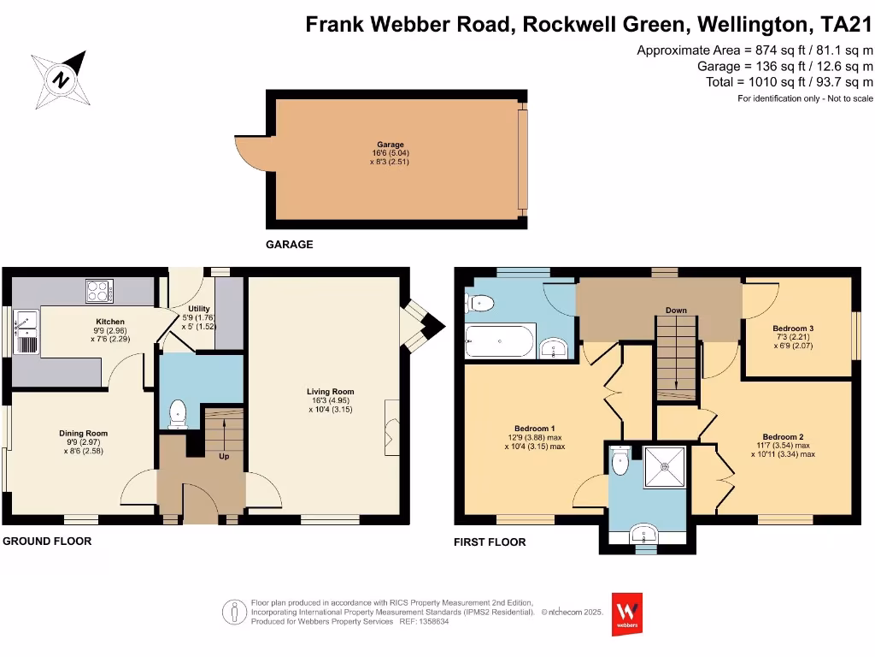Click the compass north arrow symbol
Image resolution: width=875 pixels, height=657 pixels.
[62, 78]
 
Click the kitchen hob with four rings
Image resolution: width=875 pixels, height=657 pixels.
[99, 291]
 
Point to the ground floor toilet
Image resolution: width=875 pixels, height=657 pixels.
[178, 413]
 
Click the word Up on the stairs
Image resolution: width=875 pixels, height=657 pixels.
[224, 456]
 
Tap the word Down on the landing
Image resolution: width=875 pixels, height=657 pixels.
[676, 311]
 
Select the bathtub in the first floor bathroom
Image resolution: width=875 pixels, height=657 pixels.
[500, 340]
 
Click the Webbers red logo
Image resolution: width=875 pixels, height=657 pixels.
[628, 614]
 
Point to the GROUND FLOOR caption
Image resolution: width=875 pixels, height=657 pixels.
[47, 542]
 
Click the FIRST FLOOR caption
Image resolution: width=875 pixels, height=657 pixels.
[490, 542]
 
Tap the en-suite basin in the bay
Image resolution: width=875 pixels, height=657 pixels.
[643, 536]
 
